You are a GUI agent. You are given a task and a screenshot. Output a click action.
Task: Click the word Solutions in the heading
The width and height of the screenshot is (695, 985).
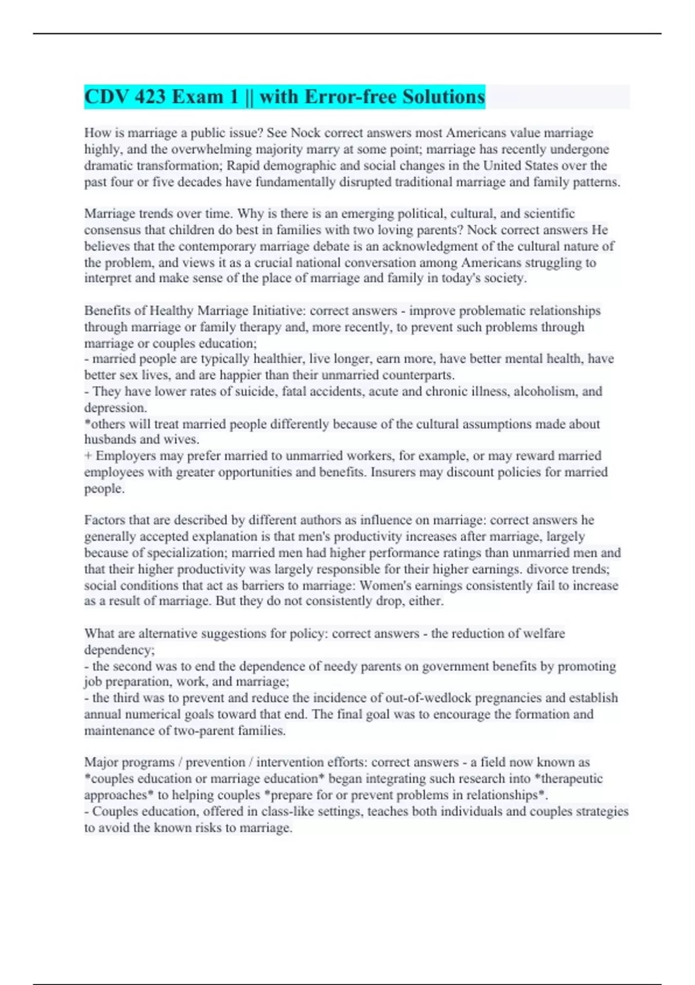coord(443,97)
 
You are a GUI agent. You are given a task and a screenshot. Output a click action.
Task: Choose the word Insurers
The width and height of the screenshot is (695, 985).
coord(393,472)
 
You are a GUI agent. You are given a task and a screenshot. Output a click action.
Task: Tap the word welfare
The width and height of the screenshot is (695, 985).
coord(544,633)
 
